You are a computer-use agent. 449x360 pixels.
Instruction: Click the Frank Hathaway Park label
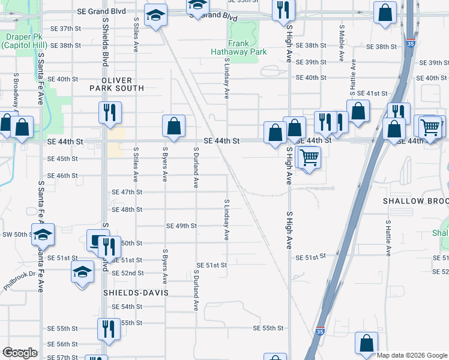247,47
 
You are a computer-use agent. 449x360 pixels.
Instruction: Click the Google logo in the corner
20,353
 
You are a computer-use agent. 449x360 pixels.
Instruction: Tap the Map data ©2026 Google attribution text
411,355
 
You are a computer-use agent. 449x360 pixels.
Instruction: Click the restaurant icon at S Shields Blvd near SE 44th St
110,112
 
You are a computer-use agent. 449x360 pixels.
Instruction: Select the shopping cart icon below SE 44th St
309,157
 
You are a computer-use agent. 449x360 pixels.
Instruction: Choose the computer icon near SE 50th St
97,240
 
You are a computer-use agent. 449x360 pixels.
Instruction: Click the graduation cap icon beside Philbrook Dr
82,271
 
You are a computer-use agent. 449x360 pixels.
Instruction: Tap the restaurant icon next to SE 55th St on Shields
109,328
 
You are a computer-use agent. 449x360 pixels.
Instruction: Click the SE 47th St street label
127,192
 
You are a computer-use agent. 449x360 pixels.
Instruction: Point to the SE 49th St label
182,226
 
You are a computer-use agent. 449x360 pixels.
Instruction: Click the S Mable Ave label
342,44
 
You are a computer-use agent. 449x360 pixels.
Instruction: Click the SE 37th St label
65,28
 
